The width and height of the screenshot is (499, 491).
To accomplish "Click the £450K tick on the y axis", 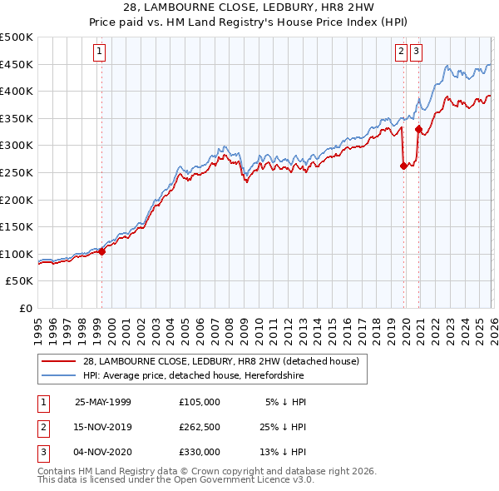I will point(17,64).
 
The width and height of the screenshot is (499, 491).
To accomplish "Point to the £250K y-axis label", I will point(17,172).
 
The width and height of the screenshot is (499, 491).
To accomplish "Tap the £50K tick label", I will point(20,281).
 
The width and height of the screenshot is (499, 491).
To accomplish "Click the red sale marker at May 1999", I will point(102,251).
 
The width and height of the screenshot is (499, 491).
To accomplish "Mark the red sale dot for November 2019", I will point(403,166).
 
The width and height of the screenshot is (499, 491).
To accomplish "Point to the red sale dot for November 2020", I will point(418,129).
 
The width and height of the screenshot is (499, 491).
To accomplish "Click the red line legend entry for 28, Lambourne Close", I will point(220,361).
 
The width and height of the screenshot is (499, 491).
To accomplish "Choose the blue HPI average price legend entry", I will point(193,376).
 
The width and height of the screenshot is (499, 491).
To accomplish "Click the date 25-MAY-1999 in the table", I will point(103,401).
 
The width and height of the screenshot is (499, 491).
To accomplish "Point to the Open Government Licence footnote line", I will point(176,480).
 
